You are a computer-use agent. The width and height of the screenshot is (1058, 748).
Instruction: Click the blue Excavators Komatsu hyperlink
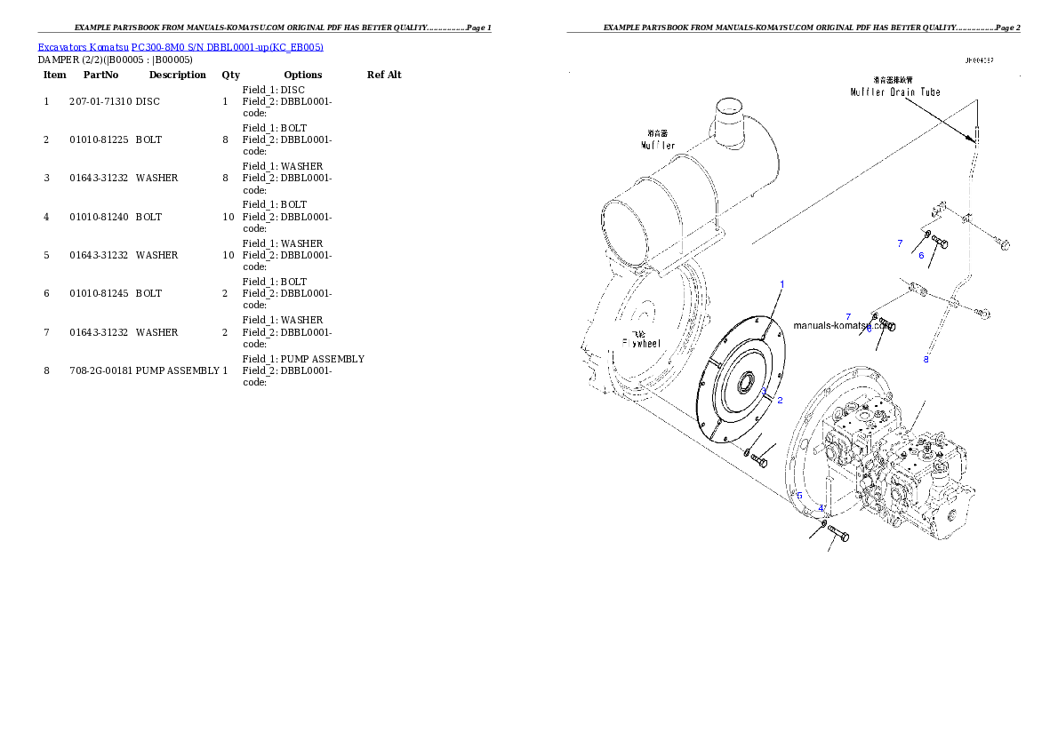(x=180, y=46)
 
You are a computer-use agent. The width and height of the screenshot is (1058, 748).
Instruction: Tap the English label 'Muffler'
(x=658, y=145)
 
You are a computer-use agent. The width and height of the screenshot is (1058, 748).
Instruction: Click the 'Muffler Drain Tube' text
(x=894, y=92)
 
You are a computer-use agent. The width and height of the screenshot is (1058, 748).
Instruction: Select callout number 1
(x=781, y=284)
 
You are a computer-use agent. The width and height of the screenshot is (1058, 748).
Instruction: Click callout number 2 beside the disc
(x=780, y=401)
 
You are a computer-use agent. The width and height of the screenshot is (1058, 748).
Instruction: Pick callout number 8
(x=926, y=359)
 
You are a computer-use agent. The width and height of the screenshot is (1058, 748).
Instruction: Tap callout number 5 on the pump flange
(x=799, y=496)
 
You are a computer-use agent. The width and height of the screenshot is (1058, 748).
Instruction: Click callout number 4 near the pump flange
(x=822, y=509)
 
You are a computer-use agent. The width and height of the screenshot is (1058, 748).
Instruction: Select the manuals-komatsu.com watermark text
(x=841, y=325)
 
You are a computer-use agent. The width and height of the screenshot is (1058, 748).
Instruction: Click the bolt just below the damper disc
(x=759, y=460)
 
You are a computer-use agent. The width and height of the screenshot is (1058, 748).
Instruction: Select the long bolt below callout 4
(x=839, y=535)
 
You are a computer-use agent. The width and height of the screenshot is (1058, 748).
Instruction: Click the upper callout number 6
(x=921, y=256)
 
